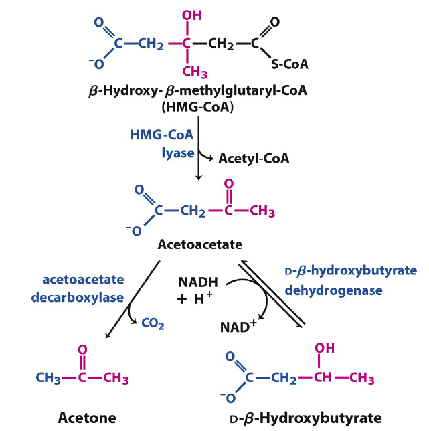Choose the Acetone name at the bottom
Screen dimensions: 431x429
pos(82,416)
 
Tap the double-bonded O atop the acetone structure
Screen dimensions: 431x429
pos(82,350)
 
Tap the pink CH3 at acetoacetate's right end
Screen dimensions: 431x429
pos(261,213)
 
